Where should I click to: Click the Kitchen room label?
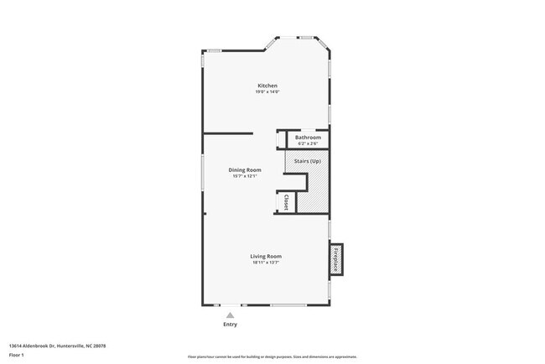(x=267, y=86)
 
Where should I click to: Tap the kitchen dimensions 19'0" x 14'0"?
(x=267, y=91)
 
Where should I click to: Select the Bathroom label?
(x=308, y=137)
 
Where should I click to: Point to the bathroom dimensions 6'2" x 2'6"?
(x=308, y=143)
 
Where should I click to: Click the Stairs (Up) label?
(x=307, y=161)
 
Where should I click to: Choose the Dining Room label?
(x=245, y=169)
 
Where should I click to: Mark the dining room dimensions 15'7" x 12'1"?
(x=245, y=176)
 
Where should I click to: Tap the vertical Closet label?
(x=286, y=201)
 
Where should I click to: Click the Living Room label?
(x=266, y=256)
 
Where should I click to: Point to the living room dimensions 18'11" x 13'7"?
(x=266, y=263)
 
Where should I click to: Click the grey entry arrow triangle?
(x=230, y=315)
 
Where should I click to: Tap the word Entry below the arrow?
(x=230, y=325)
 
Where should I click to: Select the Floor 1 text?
(x=17, y=356)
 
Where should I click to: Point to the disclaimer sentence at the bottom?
(x=272, y=357)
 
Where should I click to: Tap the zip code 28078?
(x=101, y=346)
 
